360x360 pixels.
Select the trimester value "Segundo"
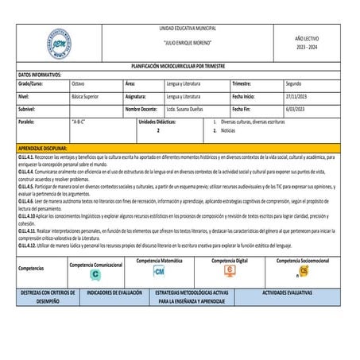click(x=294, y=83)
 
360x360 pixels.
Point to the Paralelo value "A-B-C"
click(x=79, y=123)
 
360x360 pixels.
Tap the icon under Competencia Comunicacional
click(x=95, y=273)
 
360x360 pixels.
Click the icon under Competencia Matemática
click(x=159, y=271)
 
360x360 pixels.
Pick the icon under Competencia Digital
click(x=230, y=271)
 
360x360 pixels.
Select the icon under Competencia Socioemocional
click(x=304, y=271)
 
